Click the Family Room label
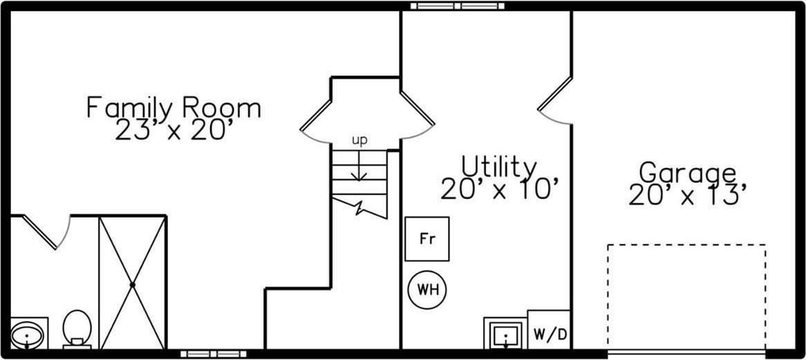[x=174, y=108]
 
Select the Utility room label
[x=499, y=167]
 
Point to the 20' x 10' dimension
[x=499, y=188]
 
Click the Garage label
[x=687, y=172]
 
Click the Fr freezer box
[x=427, y=239]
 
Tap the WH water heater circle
[x=427, y=288]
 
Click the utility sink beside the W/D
[x=506, y=335]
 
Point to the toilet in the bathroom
[x=77, y=328]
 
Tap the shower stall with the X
[x=132, y=283]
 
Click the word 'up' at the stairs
[x=359, y=140]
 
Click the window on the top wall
[x=458, y=6]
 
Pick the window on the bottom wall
[x=214, y=354]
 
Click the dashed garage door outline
[x=686, y=297]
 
